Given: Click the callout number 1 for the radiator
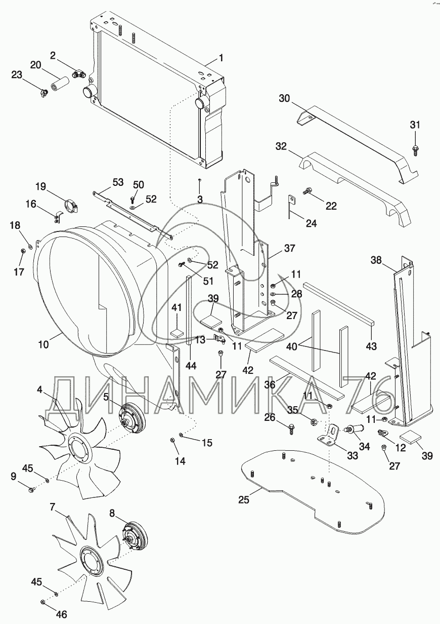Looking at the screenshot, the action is click(x=221, y=58).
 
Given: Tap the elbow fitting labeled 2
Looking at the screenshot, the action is click(x=79, y=74).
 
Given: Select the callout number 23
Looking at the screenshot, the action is click(x=17, y=75).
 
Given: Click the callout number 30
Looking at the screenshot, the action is click(x=285, y=98).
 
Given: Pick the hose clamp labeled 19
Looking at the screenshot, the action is click(x=72, y=206).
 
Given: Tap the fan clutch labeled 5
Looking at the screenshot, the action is click(x=131, y=419).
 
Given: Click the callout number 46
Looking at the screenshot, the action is click(x=62, y=614).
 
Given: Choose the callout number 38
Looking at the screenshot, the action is click(x=376, y=260).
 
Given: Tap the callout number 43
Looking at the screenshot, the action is click(x=371, y=346).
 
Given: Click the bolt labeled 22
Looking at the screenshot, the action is click(x=306, y=191).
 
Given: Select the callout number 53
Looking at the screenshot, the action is click(x=118, y=182).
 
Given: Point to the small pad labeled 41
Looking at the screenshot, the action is click(x=177, y=332).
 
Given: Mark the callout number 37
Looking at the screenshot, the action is click(x=289, y=248).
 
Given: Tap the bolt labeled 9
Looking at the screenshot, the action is click(x=31, y=489).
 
